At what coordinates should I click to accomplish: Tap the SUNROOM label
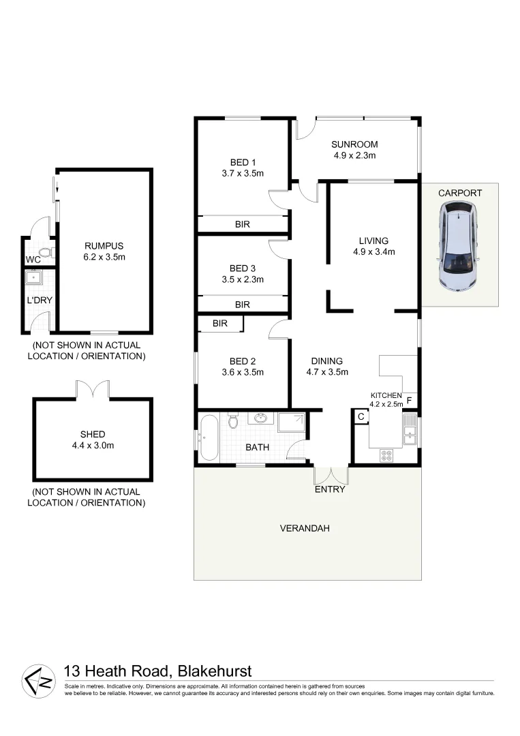(354, 144)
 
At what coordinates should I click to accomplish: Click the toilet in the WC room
(44, 255)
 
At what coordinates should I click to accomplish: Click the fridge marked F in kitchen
(409, 400)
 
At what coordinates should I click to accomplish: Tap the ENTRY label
(330, 489)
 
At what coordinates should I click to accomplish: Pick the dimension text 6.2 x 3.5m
(104, 257)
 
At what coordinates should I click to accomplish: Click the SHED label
(92, 434)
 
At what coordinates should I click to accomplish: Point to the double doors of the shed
(92, 390)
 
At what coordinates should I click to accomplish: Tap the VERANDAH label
(305, 527)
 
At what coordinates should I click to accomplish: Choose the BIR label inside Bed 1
(243, 224)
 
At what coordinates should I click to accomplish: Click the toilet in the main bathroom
(233, 421)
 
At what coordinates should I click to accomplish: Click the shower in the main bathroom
(292, 423)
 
